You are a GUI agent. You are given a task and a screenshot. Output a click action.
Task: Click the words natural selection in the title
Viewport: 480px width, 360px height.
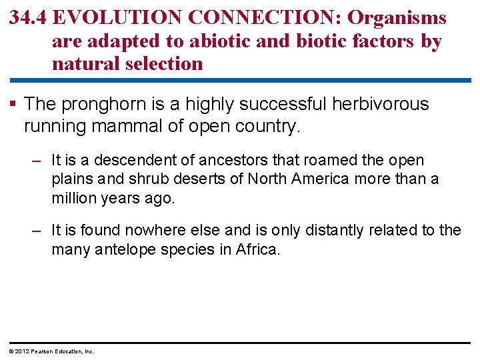(127, 65)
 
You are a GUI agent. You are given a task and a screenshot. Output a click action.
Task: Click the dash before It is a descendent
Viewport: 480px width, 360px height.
(39, 161)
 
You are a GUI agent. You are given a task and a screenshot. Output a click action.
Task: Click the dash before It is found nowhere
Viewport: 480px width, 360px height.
(39, 231)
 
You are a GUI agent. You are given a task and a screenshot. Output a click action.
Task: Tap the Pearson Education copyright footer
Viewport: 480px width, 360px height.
(51, 351)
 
